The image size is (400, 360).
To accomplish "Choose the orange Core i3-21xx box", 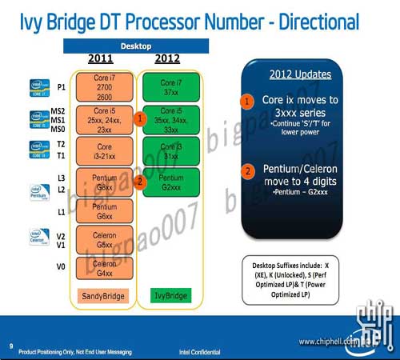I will [103, 151].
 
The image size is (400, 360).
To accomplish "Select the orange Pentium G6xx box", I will [103, 210].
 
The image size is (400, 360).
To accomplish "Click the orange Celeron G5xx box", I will [103, 238].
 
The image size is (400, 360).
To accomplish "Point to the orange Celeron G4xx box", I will [103, 268].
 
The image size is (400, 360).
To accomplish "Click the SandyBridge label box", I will [103, 296].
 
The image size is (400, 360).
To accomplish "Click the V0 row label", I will [60, 267].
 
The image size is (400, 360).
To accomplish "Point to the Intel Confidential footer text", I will [214, 350].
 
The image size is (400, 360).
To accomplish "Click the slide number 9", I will [10, 346].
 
